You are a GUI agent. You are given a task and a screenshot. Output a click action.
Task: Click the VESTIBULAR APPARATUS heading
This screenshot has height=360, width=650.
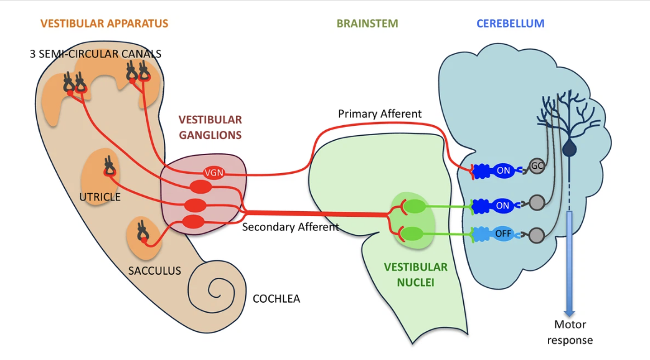point(104,24)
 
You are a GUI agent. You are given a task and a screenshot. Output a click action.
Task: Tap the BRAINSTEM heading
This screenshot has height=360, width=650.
point(367,24)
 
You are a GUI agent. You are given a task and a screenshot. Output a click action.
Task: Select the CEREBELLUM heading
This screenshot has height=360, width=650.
point(510,24)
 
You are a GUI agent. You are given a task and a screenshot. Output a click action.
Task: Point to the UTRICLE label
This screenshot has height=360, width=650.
point(100,197)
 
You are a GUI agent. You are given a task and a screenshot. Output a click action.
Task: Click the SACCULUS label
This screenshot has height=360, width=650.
point(154,270)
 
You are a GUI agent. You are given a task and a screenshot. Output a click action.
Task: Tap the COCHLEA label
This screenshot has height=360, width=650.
point(276,298)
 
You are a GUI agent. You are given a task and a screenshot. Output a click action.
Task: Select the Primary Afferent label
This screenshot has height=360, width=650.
point(379,114)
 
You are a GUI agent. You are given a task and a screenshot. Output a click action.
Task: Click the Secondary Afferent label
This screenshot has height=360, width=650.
point(290,227)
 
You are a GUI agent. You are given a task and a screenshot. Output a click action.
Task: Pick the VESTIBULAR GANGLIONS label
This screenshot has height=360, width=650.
point(210,126)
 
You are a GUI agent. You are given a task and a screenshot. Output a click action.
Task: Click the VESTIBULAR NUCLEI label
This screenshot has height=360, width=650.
point(415,273)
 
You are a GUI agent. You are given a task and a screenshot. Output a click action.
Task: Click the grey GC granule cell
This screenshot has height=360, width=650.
point(537,166)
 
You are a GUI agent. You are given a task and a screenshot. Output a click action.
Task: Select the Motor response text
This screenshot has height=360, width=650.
point(570,332)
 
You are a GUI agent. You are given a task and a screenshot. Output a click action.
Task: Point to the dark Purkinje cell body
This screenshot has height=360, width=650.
point(569,148)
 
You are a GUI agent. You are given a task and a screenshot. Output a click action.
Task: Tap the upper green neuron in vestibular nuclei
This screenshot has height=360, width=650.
point(415,206)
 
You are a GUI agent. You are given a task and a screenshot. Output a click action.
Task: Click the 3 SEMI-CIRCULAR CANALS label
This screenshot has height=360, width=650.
point(95,54)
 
